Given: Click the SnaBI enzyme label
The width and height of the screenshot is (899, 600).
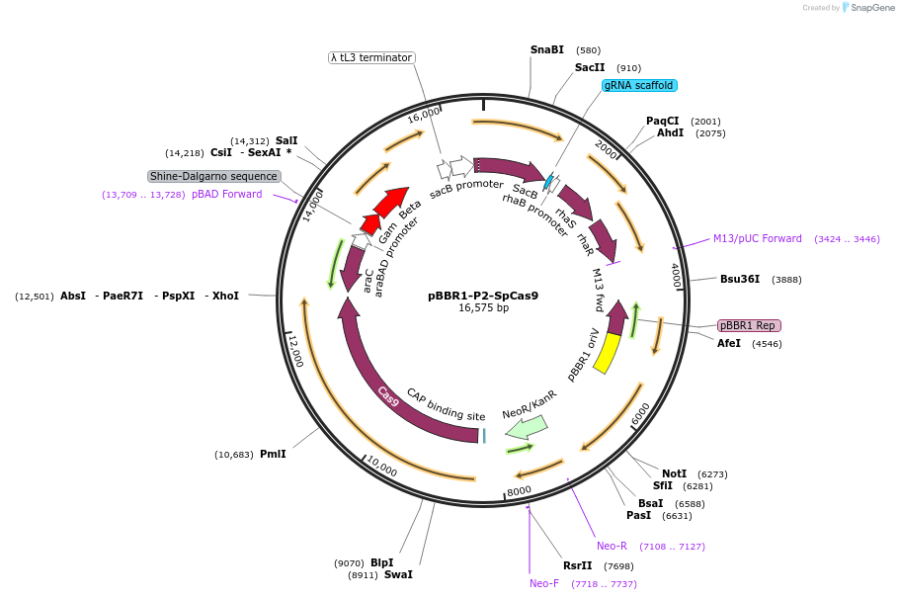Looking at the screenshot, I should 546,49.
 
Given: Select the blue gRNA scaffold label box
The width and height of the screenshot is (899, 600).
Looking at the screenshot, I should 639,86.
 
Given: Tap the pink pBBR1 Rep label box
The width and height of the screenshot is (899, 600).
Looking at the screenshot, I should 749,325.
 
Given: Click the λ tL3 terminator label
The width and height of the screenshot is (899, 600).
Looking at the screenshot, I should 371,57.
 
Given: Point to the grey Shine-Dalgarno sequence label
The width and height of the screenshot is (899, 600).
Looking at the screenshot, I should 214,176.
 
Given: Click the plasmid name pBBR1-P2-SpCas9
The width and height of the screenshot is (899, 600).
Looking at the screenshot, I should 483,295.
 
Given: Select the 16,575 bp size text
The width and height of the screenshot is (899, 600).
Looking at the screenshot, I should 483,308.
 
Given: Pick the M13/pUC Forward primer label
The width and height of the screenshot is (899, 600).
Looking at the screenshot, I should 758,238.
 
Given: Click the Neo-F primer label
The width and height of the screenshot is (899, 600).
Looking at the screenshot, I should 544,583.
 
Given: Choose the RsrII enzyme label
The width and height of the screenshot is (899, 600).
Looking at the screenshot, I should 577,565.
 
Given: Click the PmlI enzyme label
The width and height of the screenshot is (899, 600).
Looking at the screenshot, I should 273,454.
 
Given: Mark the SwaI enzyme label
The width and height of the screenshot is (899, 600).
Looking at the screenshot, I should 398,574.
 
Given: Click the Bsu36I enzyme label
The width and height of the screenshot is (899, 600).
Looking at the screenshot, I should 740,279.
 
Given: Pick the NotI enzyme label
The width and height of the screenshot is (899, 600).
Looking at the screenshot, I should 674,473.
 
